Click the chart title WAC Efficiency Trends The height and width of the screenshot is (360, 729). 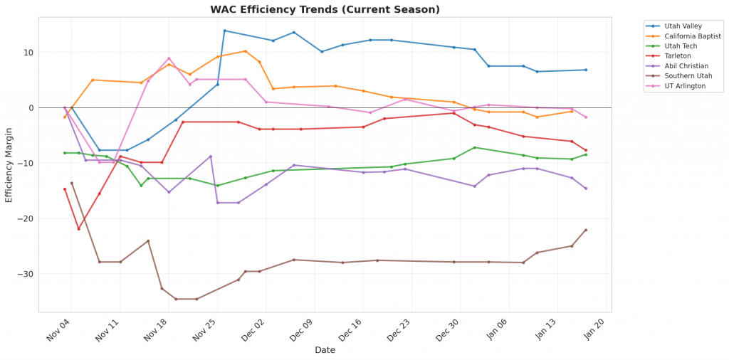pyautogui.click(x=325, y=10)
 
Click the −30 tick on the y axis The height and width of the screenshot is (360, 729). pyautogui.click(x=26, y=274)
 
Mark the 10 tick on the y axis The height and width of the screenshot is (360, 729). pyautogui.click(x=28, y=53)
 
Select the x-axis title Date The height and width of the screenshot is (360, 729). pyautogui.click(x=325, y=350)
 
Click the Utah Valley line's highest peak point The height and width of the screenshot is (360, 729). pyautogui.click(x=225, y=31)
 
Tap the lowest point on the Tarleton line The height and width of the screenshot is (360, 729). pyautogui.click(x=78, y=228)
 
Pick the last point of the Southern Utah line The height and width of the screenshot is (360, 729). pyautogui.click(x=586, y=230)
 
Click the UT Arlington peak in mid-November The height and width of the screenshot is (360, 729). pyautogui.click(x=169, y=58)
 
